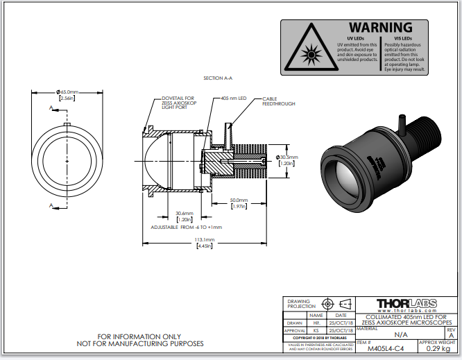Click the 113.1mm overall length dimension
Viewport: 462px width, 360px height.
coord(205,240)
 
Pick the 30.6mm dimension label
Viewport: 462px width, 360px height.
coord(184,214)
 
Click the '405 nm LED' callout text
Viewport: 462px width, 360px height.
coord(234,98)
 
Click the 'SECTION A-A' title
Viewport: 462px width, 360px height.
coord(219,78)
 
